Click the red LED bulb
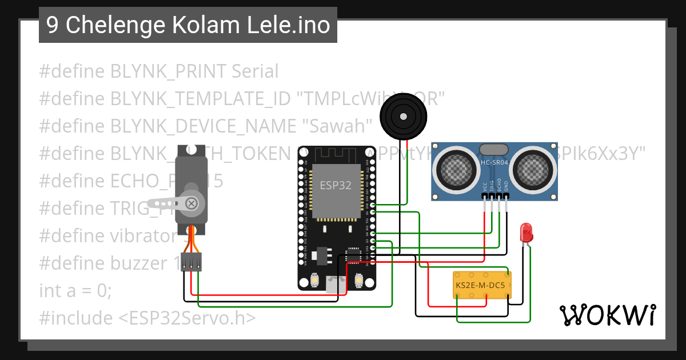[526, 232]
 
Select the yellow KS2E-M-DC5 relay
[482, 285]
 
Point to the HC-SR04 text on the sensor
[494, 163]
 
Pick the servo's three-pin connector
[192, 262]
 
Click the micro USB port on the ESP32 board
[336, 284]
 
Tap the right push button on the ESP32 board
[360, 281]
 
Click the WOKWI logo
[607, 315]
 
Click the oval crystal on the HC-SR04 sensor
[494, 150]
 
